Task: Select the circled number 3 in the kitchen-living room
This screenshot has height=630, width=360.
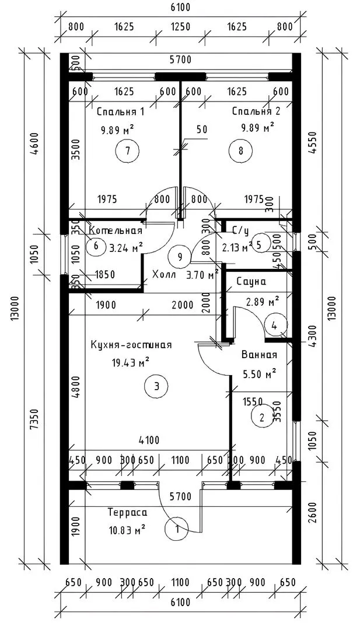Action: click(156, 386)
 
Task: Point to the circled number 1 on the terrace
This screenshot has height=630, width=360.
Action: click(177, 530)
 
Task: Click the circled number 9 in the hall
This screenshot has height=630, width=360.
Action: click(179, 256)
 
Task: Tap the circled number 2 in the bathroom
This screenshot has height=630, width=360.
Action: click(261, 416)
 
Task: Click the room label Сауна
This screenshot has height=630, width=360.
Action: click(251, 281)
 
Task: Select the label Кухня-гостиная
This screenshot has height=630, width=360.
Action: click(131, 345)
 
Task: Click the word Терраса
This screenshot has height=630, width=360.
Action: click(127, 513)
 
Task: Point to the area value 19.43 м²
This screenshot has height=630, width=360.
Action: click(131, 363)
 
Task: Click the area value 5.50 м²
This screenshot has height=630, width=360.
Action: click(258, 372)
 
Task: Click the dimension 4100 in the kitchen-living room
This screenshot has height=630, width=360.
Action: click(150, 440)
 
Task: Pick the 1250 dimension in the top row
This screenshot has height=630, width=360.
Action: click(180, 26)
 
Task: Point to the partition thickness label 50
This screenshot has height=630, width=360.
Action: click(202, 130)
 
